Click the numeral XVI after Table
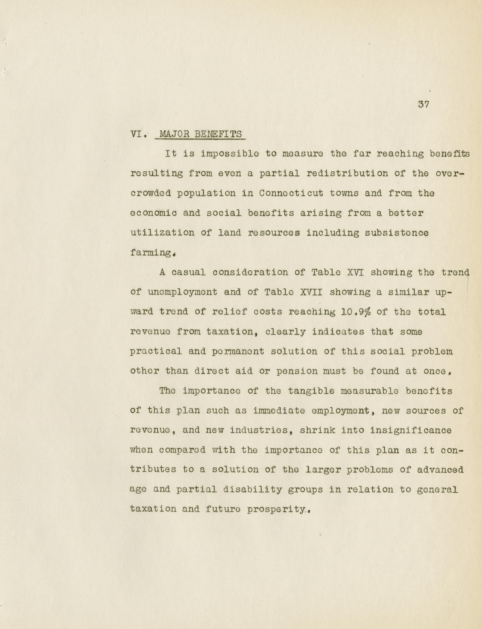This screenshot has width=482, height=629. [355, 272]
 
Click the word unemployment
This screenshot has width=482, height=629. [182, 292]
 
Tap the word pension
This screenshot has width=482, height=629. [297, 371]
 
